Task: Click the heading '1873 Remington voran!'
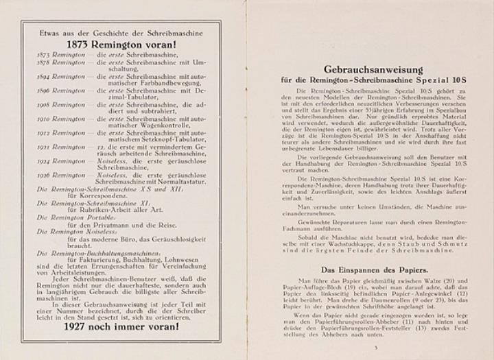pyautogui.click(x=121, y=41)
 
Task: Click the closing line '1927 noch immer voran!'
pyautogui.click(x=121, y=326)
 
